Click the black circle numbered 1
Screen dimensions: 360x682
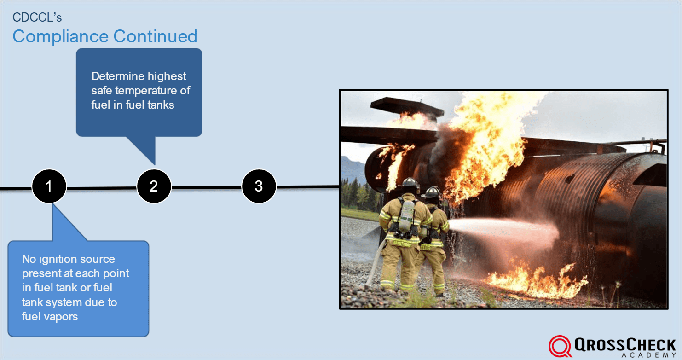[49, 186]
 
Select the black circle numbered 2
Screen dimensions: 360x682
[154, 186]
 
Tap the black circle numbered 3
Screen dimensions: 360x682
[259, 186]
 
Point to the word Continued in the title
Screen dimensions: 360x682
[156, 36]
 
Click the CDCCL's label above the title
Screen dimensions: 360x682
[37, 17]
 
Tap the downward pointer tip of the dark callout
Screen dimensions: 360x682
[155, 163]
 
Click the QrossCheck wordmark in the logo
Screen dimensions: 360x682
[626, 344]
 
